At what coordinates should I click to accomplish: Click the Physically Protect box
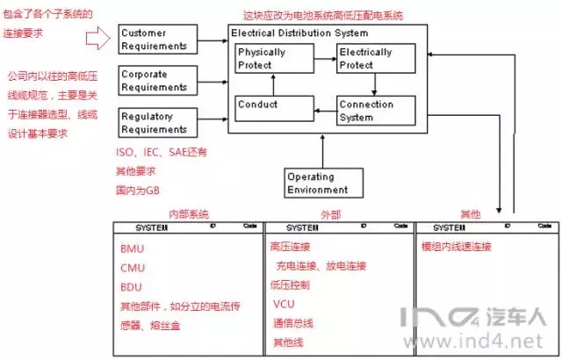(272, 60)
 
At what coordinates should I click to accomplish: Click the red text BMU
(133, 248)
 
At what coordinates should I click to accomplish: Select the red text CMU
(133, 268)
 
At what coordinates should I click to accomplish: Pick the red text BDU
(133, 287)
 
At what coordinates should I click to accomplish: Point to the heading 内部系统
(188, 213)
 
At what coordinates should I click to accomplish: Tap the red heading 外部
(336, 213)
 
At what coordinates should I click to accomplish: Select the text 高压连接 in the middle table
(290, 247)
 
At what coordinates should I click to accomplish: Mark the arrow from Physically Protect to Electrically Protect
(324, 59)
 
